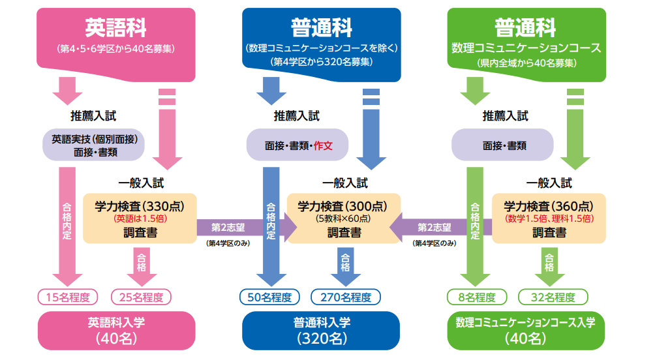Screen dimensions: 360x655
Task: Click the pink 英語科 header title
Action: point(115,27)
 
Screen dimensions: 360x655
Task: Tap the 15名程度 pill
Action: point(67,297)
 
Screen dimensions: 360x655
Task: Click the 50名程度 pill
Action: point(269,297)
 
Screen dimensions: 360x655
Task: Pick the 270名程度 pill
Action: point(345,297)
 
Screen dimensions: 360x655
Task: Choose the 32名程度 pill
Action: point(553,297)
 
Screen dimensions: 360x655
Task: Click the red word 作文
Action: point(324,146)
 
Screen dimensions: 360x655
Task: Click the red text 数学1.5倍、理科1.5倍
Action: point(549,218)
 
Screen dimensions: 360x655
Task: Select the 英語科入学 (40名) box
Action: point(116,330)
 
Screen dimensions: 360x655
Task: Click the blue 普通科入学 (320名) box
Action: point(321,330)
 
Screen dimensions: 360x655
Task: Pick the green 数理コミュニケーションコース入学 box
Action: point(526,330)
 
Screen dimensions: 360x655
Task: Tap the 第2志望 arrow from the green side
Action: point(433,228)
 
